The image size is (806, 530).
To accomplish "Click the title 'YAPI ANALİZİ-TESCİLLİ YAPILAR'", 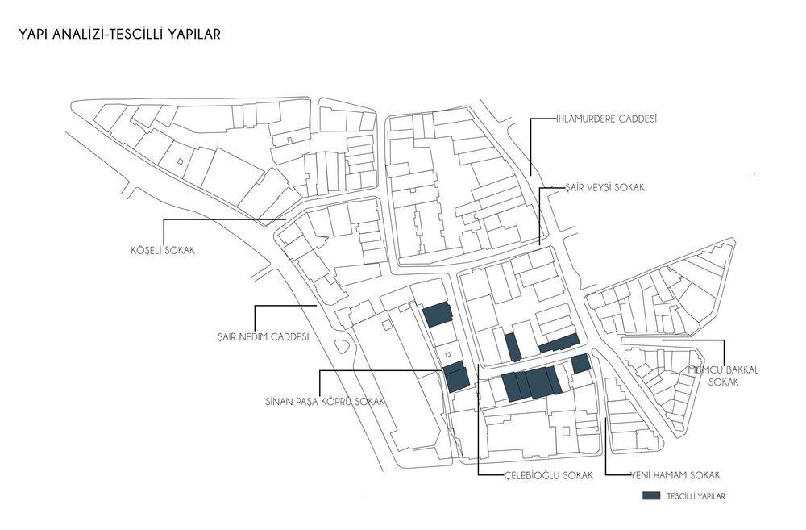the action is (120, 34).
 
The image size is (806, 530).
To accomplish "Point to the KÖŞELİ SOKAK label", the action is (163, 251).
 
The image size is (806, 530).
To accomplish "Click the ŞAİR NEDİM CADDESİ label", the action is (264, 337).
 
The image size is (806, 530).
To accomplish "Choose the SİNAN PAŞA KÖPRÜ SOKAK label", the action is (325, 402).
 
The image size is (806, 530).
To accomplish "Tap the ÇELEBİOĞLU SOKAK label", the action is (548, 475).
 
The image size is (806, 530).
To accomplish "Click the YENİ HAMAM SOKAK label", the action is (675, 475).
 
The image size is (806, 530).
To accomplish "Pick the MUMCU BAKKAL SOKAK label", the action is (723, 376).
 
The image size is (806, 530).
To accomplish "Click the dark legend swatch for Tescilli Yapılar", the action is (651, 495).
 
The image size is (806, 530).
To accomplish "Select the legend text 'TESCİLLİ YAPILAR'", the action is (696, 496).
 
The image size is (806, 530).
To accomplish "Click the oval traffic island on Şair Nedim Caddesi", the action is (340, 346).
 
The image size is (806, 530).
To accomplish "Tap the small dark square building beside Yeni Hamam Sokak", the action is (580, 363).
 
